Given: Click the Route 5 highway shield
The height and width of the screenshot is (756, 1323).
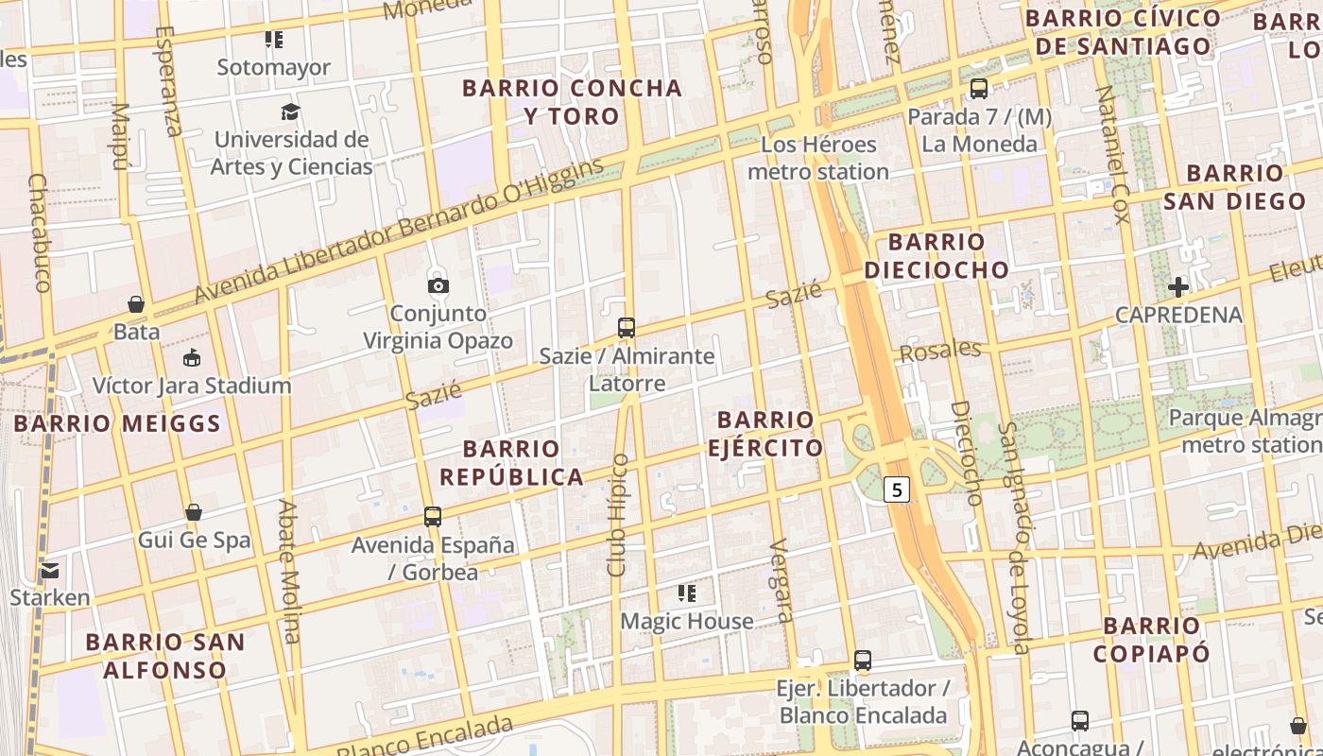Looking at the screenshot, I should pos(897,490).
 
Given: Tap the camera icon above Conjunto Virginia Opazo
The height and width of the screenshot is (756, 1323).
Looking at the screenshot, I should pos(438,285).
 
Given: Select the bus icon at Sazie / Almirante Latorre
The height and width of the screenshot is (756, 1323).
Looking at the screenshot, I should pos(626,328).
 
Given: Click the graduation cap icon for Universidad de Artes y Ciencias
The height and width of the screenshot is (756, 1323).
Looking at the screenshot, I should pos(291,112).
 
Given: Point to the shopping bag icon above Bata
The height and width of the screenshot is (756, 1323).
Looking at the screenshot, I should pos(136,304).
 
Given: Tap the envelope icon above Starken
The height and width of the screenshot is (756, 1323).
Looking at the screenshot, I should pos(49,570).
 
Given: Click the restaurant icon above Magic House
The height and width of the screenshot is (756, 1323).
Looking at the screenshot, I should pos(687,593).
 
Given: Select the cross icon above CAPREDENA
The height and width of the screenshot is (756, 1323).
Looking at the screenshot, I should pos(1177,287).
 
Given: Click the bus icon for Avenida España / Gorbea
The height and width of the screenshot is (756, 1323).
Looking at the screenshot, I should pos(433,517).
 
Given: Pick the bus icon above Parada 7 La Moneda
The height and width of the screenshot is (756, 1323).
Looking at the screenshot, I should pos(979,89).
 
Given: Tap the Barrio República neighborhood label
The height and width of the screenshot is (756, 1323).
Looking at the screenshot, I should pos(511,462).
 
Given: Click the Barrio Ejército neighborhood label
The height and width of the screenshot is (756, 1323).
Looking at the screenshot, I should pos(765,434).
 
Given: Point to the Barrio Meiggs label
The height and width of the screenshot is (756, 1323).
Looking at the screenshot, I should pos(117,423).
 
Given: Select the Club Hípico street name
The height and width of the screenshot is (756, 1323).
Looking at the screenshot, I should pos(618,515).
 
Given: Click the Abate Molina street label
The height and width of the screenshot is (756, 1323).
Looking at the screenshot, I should pos(288,571).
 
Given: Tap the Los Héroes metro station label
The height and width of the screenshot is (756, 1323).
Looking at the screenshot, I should pos(818,158).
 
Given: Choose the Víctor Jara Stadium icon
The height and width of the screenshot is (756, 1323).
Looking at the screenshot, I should pos(192,357).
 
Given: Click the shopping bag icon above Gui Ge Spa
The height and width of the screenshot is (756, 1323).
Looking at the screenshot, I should pos(194,512).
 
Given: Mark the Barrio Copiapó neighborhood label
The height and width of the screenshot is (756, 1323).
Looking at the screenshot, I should pos(1151,639).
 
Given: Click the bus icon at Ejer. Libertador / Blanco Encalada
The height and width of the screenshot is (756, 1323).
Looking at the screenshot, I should pos(862,661).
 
